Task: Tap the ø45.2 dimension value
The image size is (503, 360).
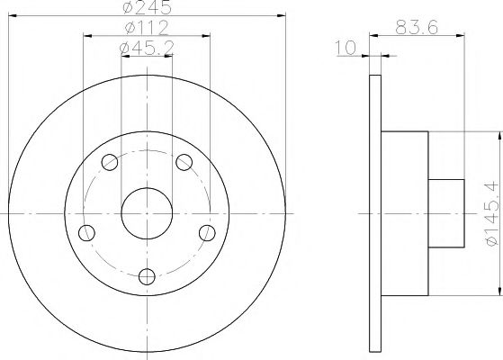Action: [x=148, y=50]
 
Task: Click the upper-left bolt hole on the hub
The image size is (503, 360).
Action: [x=110, y=163]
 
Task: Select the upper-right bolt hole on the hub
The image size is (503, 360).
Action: [x=184, y=162]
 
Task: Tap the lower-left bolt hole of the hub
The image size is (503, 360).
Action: [x=87, y=233]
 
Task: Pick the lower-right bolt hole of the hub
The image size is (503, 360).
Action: [x=207, y=233]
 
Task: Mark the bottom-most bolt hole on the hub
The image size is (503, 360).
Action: [x=148, y=276]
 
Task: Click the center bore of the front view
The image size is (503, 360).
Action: [x=147, y=212]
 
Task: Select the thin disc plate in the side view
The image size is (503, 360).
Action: [x=376, y=213]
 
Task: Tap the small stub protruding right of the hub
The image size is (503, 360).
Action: [x=445, y=213]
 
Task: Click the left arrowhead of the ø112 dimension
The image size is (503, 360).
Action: [x=87, y=37]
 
